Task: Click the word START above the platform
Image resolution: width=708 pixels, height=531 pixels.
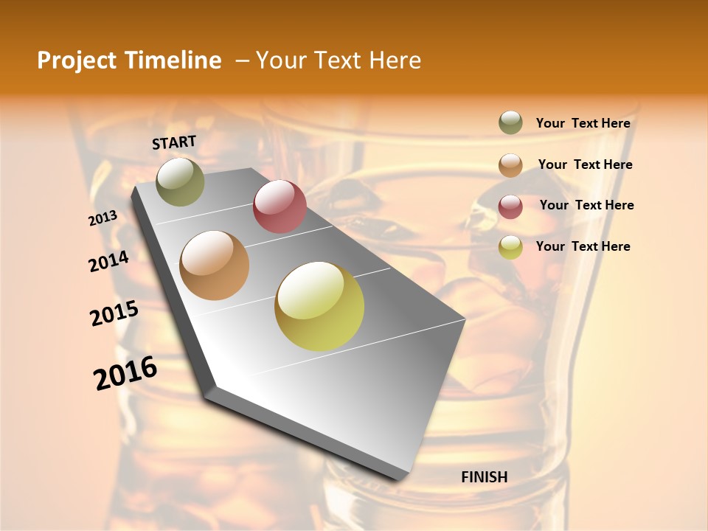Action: pyautogui.click(x=174, y=142)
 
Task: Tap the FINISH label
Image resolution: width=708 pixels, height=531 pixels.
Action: pyautogui.click(x=485, y=477)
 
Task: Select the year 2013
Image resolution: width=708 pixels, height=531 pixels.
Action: pyautogui.click(x=103, y=218)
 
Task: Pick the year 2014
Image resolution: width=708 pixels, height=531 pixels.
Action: pyautogui.click(x=109, y=262)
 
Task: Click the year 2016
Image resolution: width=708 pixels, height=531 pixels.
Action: pyautogui.click(x=125, y=373)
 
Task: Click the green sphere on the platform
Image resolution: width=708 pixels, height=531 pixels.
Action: pyautogui.click(x=180, y=181)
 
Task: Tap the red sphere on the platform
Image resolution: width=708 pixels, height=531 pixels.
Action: pyautogui.click(x=280, y=206)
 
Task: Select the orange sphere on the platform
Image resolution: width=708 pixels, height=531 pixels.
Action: pyautogui.click(x=215, y=265)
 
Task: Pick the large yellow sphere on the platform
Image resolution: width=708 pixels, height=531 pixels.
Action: pyautogui.click(x=319, y=306)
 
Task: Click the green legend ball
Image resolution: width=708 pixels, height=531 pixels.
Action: pyautogui.click(x=510, y=122)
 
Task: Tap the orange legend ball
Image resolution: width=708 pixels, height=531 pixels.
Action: pyautogui.click(x=510, y=165)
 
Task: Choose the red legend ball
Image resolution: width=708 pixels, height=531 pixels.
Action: pyautogui.click(x=510, y=206)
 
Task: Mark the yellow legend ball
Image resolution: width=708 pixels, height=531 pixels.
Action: pyautogui.click(x=510, y=247)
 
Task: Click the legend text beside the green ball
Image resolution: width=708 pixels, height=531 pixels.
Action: pyautogui.click(x=583, y=124)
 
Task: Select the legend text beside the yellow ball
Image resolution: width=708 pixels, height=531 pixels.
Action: pyautogui.click(x=583, y=246)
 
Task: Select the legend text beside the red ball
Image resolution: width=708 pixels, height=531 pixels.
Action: pyautogui.click(x=586, y=205)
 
